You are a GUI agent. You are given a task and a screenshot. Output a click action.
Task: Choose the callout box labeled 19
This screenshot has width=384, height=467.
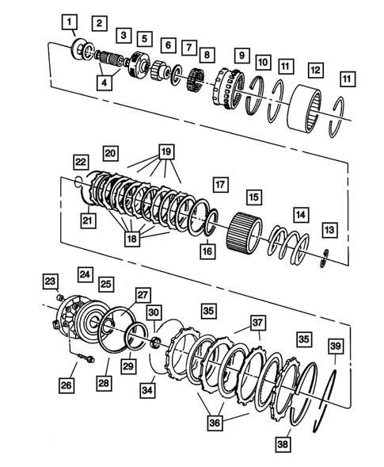tap(165, 151)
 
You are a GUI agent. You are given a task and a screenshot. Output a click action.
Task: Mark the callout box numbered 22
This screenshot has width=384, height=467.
tap(81, 161)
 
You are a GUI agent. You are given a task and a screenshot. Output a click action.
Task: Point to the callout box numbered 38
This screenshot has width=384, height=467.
tap(283, 445)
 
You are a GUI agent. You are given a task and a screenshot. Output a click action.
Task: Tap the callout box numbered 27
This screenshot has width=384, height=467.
tap(142, 294)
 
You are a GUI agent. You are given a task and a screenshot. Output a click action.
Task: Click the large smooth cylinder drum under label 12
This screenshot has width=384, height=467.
tap(310, 107)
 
